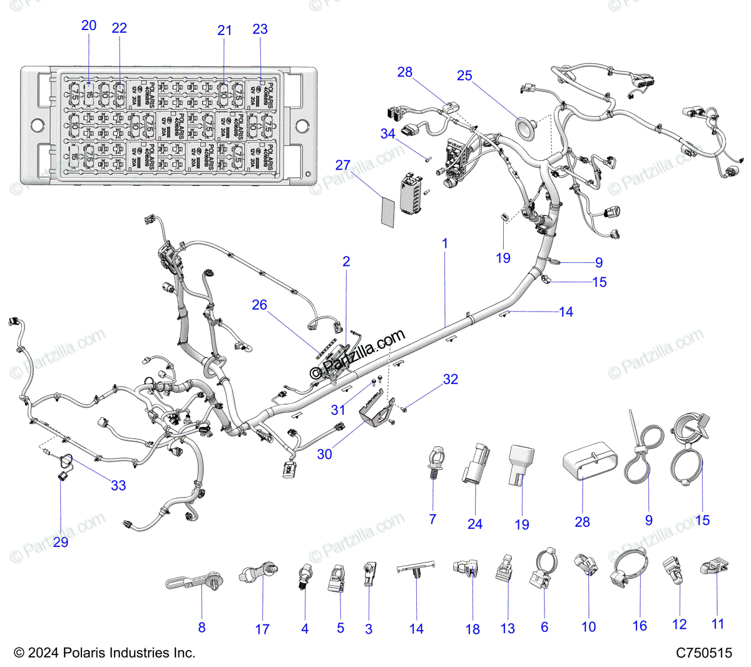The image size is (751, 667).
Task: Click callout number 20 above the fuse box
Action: click(x=89, y=26)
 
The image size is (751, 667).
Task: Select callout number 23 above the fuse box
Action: click(x=260, y=29)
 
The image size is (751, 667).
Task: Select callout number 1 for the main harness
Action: click(x=445, y=243)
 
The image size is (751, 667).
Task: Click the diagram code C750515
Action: click(x=703, y=653)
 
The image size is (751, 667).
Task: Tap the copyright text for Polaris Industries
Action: click(x=105, y=653)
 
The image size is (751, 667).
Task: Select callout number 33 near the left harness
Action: click(x=118, y=485)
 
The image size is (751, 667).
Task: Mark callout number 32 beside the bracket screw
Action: click(x=451, y=379)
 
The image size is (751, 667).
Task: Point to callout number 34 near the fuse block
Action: click(x=388, y=133)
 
